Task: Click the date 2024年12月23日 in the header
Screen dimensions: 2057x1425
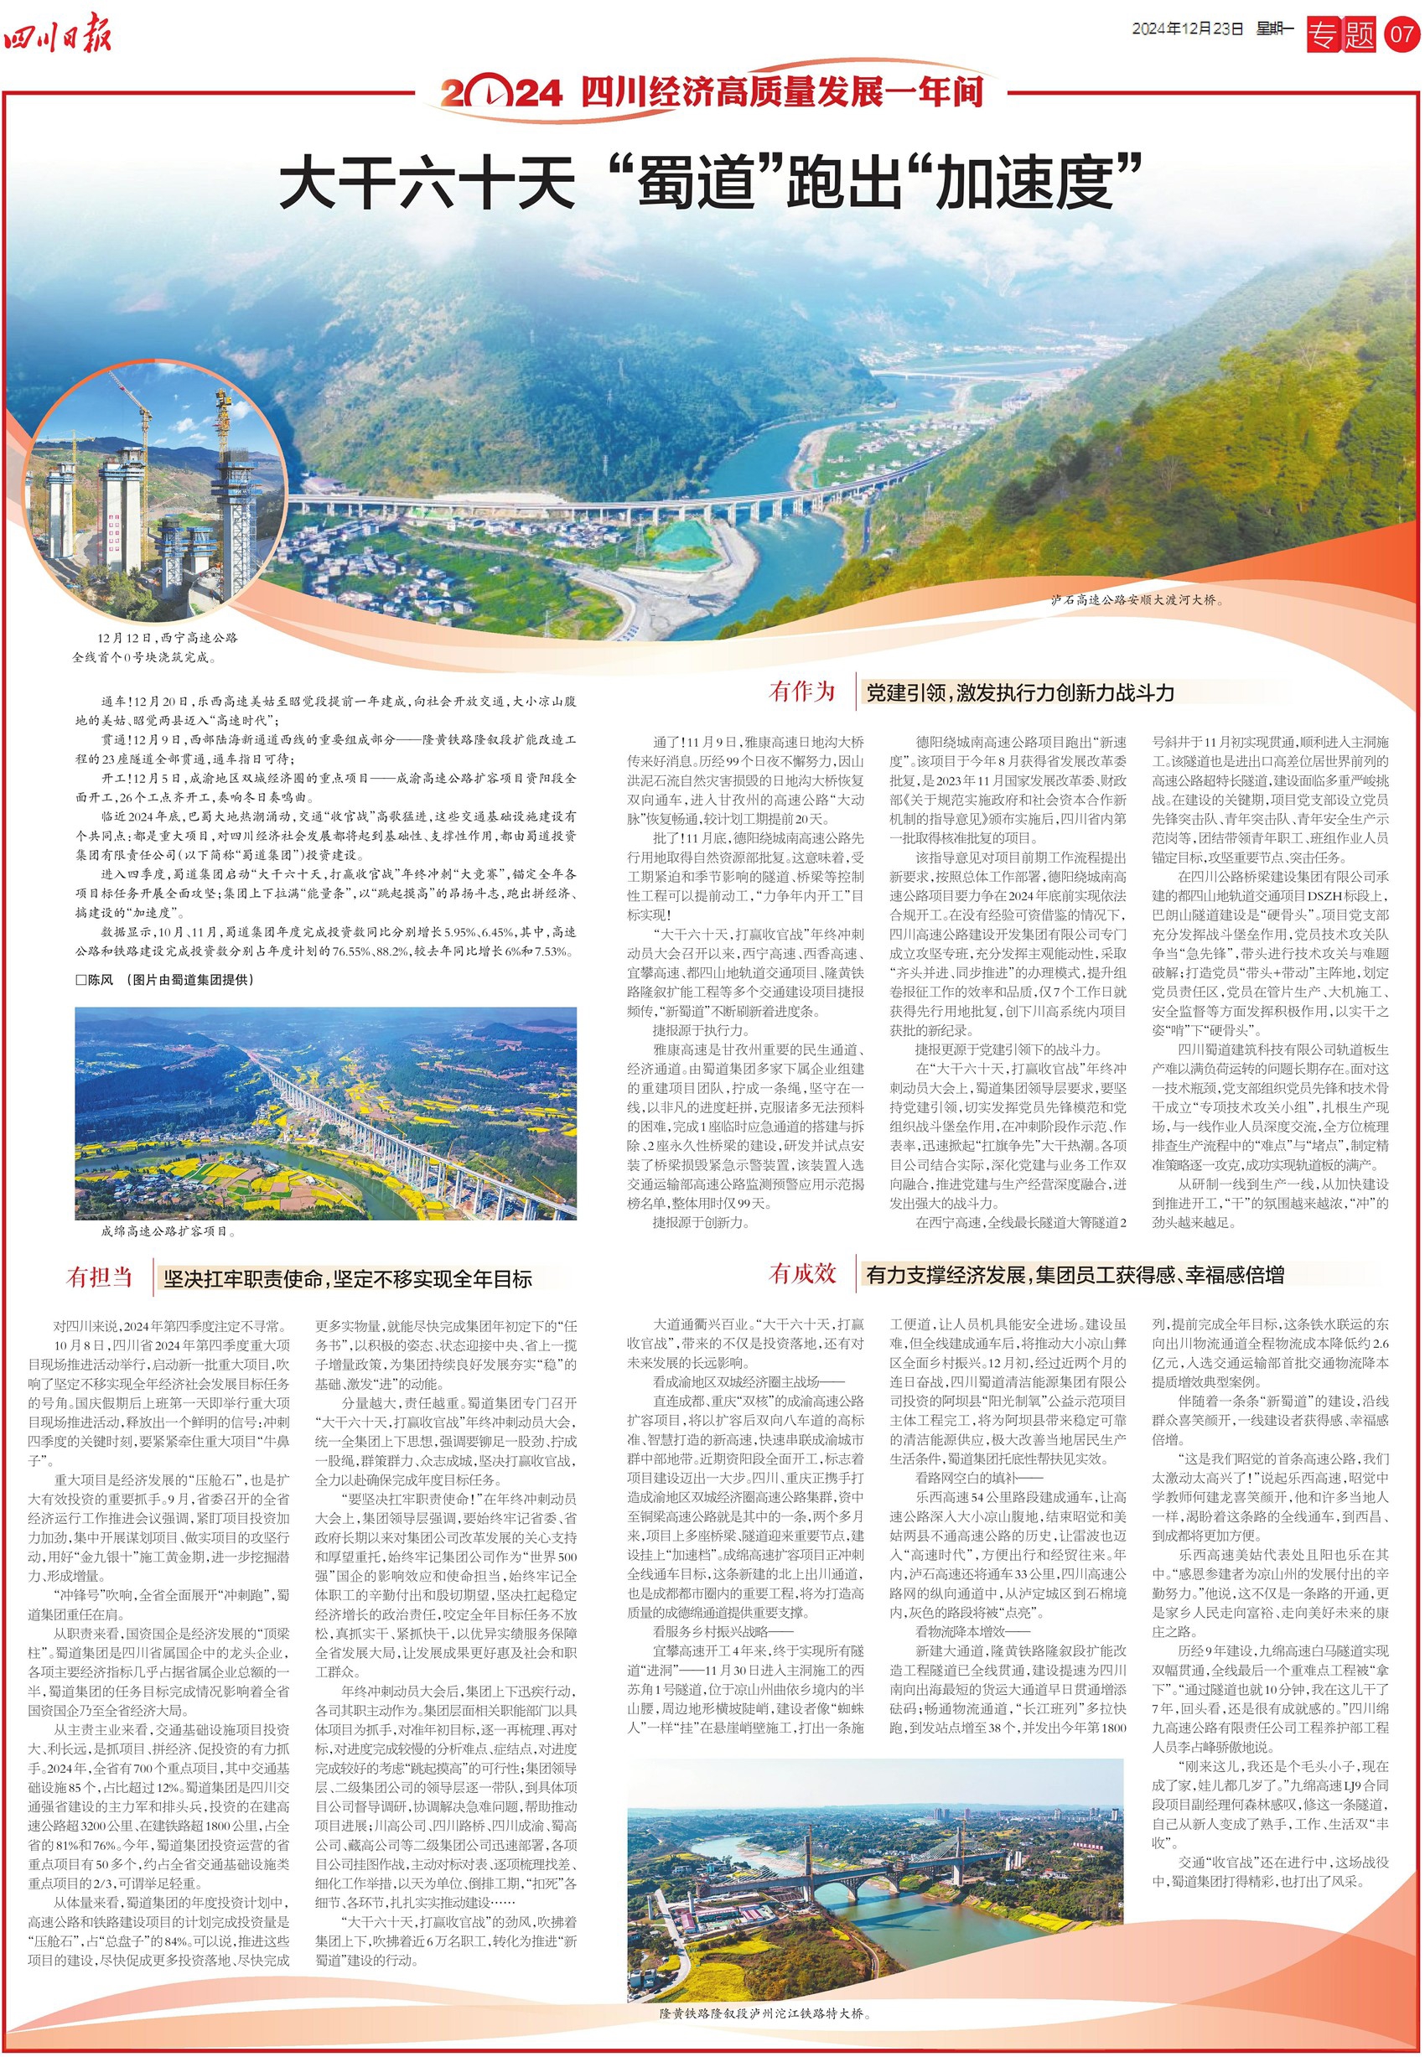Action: point(1187,28)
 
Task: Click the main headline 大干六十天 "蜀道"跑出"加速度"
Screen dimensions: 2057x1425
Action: point(712,182)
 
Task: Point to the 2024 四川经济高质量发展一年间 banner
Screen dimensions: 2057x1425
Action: point(712,92)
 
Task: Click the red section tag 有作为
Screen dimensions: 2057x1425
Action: point(802,691)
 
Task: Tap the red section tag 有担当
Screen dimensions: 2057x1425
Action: point(99,1277)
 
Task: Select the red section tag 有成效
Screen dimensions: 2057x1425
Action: point(802,1274)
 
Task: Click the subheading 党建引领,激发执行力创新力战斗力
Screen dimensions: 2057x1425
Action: point(1019,693)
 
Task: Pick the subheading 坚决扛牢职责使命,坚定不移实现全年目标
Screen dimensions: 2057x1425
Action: point(347,1279)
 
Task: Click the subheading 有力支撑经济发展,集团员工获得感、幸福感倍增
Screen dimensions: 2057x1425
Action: point(1074,1275)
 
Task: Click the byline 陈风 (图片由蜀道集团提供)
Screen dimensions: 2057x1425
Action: point(165,979)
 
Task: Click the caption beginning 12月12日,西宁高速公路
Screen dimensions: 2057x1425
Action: point(156,648)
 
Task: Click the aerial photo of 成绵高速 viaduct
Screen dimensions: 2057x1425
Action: point(326,1112)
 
